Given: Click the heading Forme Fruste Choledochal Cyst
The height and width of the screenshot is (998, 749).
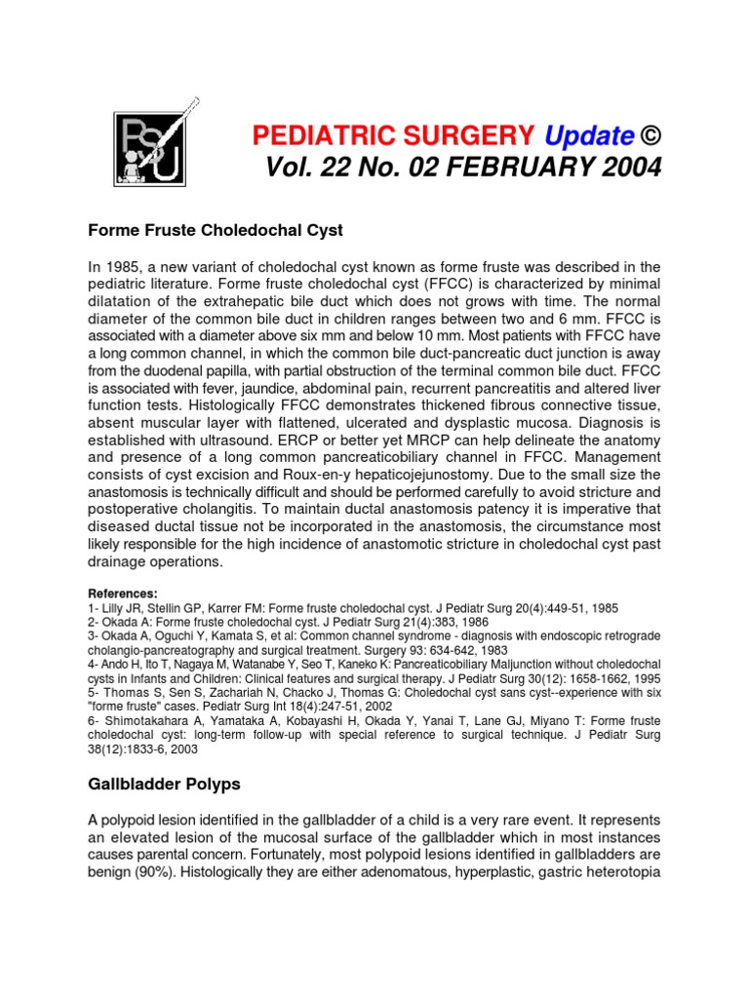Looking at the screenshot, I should [x=216, y=231].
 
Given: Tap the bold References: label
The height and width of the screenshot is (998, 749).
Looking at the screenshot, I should [x=122, y=594].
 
